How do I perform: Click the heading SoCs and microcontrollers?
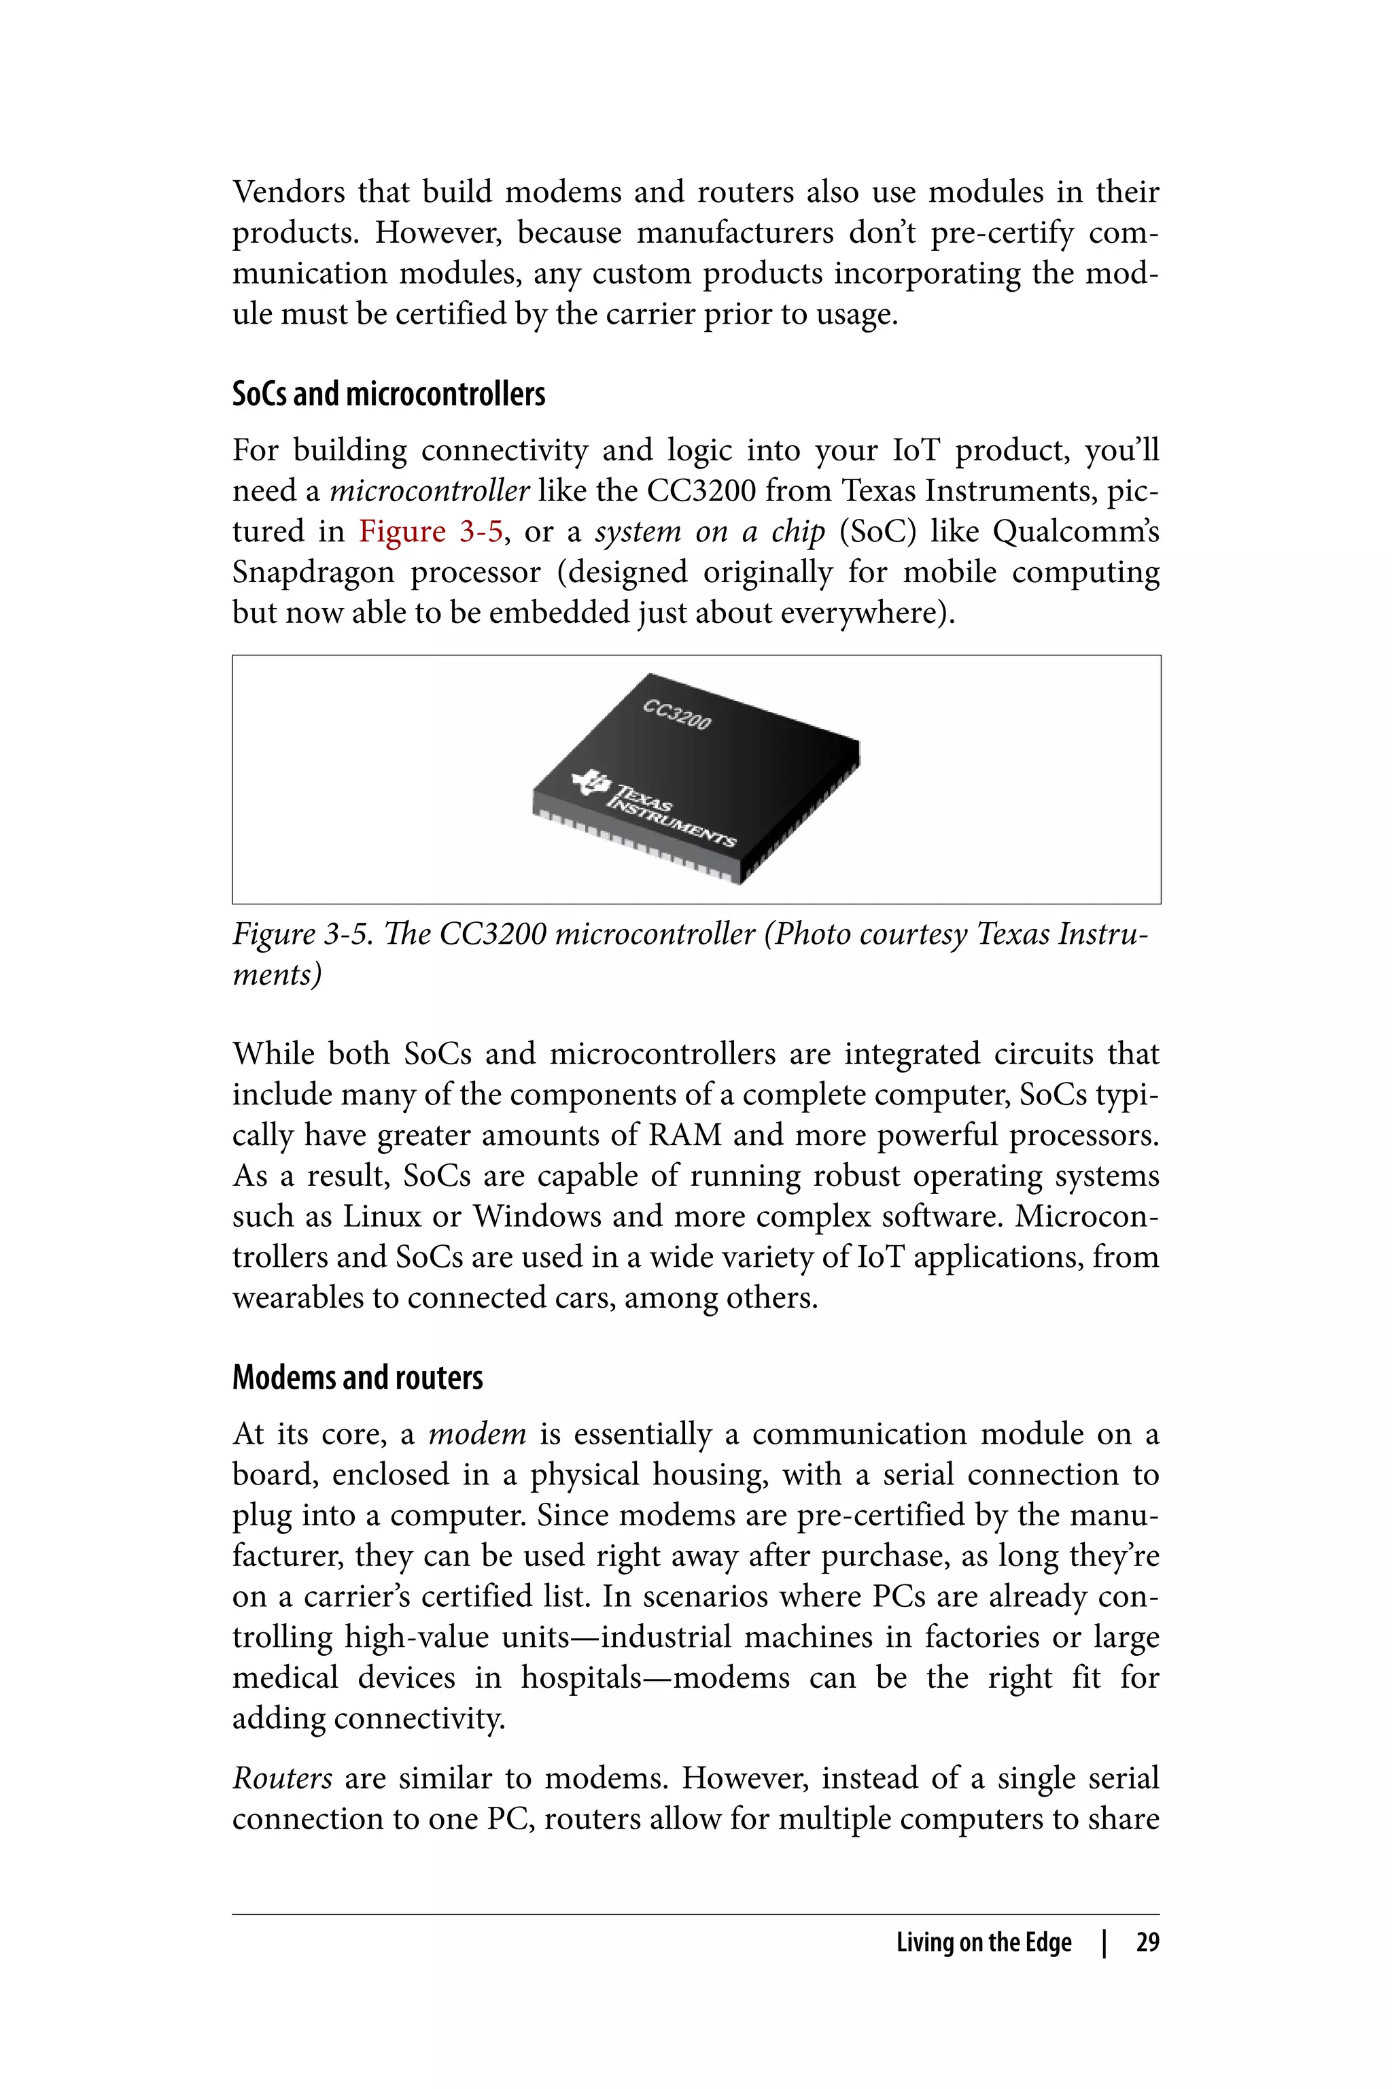[388, 394]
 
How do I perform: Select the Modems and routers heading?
[357, 1378]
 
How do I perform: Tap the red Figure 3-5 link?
[430, 531]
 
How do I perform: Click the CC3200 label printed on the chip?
[676, 715]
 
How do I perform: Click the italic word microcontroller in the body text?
[430, 491]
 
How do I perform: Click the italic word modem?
[476, 1434]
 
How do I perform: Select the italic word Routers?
[282, 1779]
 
